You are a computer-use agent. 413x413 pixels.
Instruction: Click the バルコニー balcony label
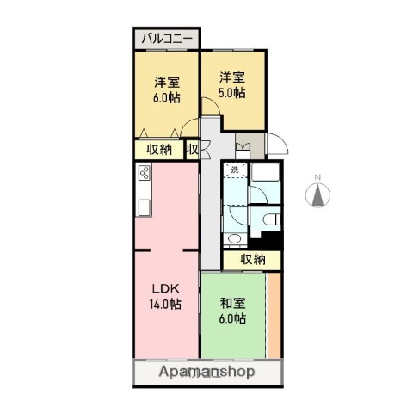166,39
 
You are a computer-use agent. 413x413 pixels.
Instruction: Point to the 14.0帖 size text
163,303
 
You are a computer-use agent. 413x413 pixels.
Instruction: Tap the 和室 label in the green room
232,303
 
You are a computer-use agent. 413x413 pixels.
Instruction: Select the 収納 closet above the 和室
251,259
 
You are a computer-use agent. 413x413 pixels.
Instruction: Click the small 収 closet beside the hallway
193,150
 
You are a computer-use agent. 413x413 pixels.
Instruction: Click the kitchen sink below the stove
144,206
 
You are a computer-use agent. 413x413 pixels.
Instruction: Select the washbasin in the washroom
234,238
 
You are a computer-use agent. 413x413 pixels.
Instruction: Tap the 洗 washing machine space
235,170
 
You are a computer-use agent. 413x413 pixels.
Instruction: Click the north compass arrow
317,196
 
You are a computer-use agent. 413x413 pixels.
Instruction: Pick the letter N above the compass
317,178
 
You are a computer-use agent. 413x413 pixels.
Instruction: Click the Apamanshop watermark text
206,373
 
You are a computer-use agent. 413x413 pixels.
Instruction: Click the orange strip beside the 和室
274,314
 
